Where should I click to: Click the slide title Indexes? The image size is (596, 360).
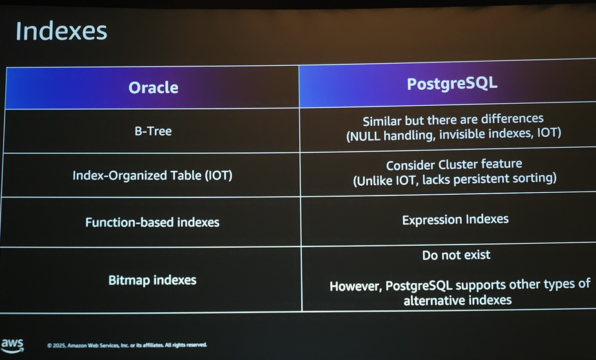click(x=61, y=31)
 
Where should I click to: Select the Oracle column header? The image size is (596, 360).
click(x=153, y=88)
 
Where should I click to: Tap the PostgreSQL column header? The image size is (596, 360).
click(x=452, y=84)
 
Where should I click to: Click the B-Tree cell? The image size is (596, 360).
click(x=153, y=131)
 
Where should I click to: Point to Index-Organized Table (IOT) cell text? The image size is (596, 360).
click(x=152, y=175)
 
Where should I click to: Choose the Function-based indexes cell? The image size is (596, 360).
click(x=152, y=222)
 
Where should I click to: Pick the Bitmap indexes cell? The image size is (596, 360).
click(x=152, y=280)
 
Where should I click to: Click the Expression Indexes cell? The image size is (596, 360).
click(x=455, y=220)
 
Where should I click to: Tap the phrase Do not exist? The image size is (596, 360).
click(x=456, y=255)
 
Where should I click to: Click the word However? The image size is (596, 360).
click(x=356, y=286)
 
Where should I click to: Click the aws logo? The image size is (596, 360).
click(x=12, y=345)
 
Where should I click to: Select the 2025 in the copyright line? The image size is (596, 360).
click(x=59, y=346)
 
